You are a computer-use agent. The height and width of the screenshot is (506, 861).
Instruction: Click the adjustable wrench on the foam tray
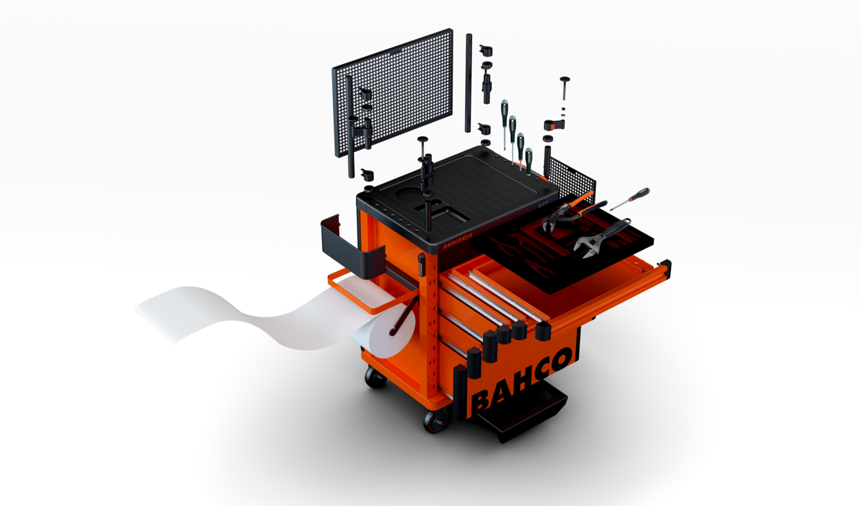[601, 238]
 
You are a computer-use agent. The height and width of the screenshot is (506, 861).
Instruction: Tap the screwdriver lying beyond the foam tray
[631, 199]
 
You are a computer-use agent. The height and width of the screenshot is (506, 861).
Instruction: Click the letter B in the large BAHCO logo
[482, 401]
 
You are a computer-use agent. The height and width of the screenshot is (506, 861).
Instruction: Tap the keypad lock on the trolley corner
[421, 264]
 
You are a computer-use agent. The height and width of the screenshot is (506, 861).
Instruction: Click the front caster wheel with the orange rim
[437, 421]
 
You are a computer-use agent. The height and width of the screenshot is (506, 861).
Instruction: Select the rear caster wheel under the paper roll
[375, 377]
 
